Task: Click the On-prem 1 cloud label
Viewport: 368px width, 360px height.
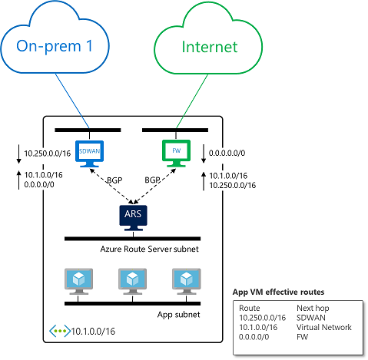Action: tap(55, 46)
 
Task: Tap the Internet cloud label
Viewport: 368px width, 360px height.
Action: tap(210, 47)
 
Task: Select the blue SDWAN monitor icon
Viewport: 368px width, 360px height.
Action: tap(89, 154)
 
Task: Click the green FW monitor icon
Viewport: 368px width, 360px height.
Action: tap(176, 154)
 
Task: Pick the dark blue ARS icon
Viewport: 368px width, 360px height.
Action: tap(133, 218)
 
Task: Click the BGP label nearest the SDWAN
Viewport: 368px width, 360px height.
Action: tap(114, 180)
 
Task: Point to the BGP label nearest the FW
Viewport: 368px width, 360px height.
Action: tap(152, 180)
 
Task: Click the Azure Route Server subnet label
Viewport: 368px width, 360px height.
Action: tap(149, 249)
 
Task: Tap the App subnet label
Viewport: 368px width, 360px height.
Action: tap(178, 315)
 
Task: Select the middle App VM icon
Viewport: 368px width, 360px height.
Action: tap(132, 281)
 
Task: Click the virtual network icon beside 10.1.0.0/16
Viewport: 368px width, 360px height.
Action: tap(60, 331)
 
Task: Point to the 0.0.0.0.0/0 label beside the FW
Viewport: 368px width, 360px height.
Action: tap(227, 153)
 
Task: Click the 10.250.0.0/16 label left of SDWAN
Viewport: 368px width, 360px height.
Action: tap(48, 154)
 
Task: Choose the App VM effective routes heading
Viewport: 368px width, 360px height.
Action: tap(278, 292)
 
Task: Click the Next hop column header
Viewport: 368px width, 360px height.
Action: tap(313, 308)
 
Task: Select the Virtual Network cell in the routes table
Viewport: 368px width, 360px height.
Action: tap(324, 327)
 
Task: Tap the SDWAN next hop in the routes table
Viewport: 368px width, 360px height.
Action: tap(311, 318)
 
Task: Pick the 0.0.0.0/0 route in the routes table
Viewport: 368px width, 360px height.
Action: tap(254, 337)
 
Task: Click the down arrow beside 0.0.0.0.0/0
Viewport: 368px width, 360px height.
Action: tap(204, 154)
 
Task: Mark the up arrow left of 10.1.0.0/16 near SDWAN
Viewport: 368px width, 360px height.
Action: tap(18, 180)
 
